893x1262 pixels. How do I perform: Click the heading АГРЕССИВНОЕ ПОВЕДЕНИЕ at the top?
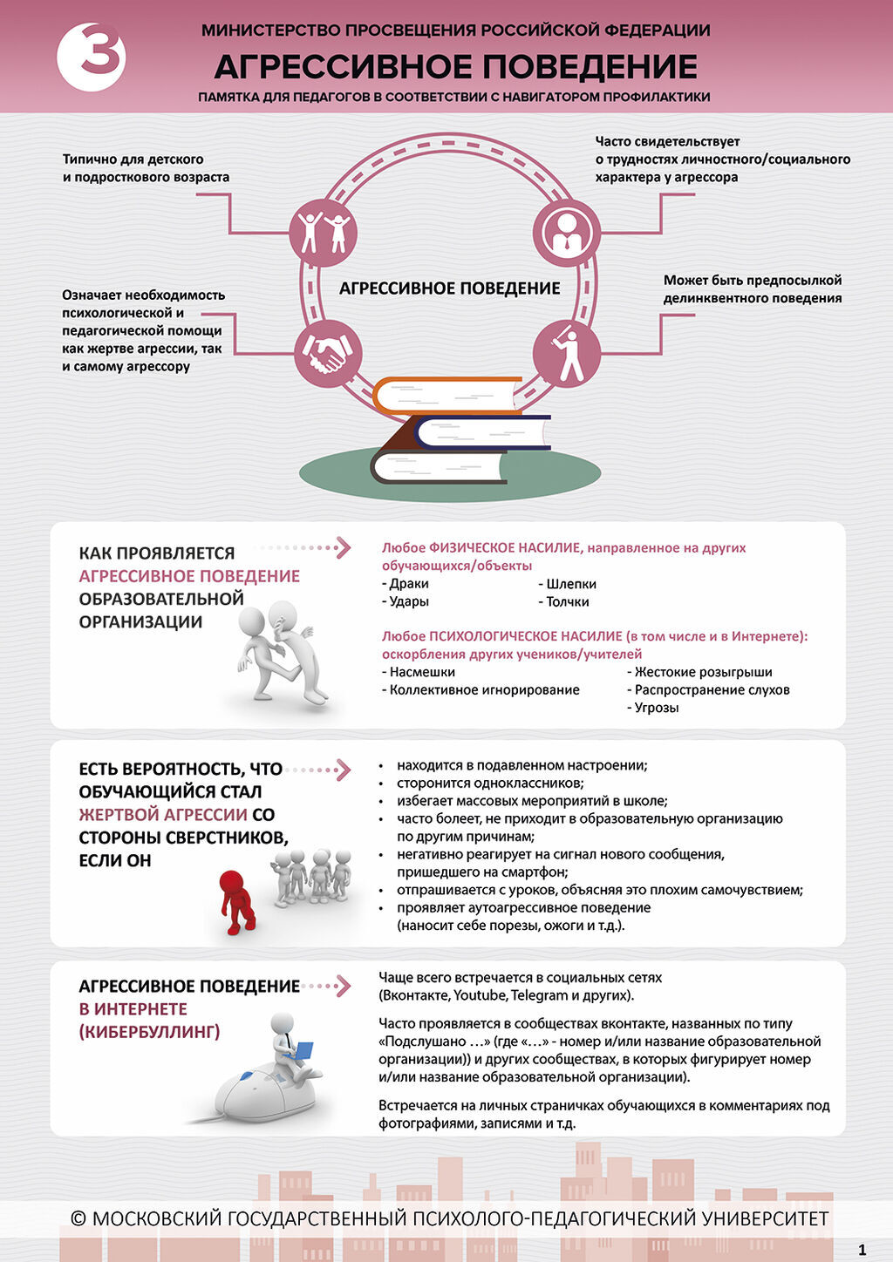click(455, 67)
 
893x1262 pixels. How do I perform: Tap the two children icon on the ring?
click(324, 232)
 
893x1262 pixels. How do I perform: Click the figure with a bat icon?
click(567, 353)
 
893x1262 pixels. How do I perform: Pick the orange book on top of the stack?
click(446, 395)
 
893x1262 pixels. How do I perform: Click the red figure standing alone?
click(236, 901)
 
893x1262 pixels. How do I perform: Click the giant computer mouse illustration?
click(262, 1094)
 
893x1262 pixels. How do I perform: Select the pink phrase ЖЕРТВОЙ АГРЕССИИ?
click(163, 815)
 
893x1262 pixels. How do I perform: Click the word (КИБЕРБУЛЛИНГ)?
click(149, 1032)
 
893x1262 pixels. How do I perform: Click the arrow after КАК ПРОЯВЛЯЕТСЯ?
click(341, 547)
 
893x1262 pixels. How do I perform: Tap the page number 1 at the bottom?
click(862, 1250)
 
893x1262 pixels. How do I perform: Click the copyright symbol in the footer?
click(78, 1218)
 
